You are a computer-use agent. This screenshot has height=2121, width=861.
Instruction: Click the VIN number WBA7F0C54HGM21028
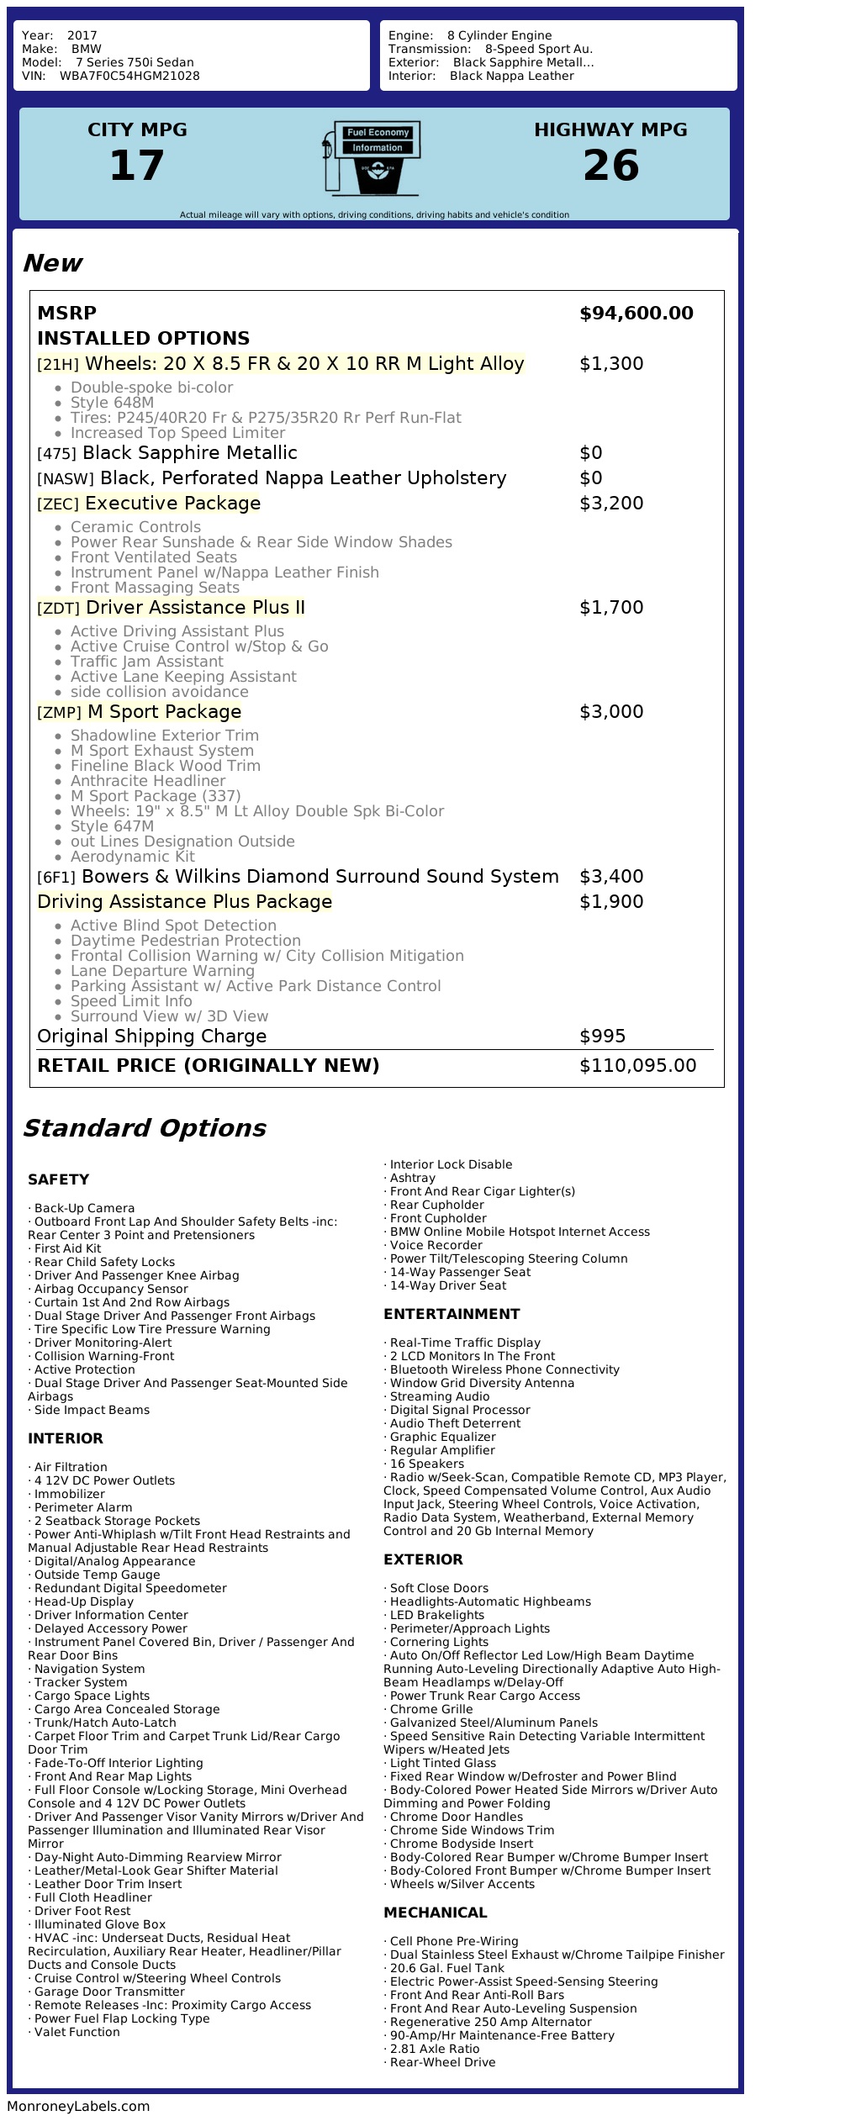(129, 76)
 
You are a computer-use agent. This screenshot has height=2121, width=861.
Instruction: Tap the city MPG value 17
(137, 166)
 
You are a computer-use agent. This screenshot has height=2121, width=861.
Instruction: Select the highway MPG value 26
(610, 166)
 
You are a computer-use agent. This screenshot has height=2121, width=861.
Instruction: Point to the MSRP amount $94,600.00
(637, 314)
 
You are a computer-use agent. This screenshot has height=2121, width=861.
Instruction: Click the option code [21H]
(58, 365)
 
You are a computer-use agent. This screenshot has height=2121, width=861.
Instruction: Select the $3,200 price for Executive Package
(611, 504)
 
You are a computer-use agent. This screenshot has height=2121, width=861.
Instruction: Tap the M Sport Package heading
(164, 712)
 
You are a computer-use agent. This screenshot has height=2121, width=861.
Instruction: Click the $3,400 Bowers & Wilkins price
(611, 877)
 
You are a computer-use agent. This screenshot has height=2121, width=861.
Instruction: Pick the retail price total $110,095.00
(637, 1066)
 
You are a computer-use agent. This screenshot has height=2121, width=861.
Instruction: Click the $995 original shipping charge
(602, 1037)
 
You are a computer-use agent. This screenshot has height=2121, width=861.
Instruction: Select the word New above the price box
(52, 263)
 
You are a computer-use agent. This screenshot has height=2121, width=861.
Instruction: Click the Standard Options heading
(144, 1128)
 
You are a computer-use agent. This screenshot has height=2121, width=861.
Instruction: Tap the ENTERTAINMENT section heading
(452, 1314)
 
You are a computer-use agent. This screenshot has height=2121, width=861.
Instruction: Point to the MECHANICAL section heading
(435, 1913)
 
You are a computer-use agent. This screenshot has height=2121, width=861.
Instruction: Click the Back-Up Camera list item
(84, 1208)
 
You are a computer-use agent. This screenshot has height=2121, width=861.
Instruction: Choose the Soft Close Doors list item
(439, 1588)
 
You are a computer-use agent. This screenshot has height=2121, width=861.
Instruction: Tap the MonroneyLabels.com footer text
(78, 2106)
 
